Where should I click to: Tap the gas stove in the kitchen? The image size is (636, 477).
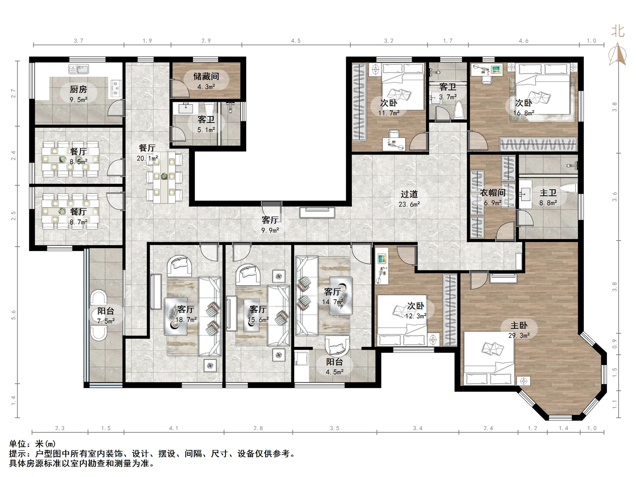pos(116,89)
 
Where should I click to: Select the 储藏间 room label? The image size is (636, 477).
pos(206,76)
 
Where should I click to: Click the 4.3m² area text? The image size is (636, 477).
pos(206,87)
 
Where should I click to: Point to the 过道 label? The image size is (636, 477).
pos(409,194)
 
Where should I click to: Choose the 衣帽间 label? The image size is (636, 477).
pos(493,193)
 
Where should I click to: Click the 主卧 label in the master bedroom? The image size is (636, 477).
pos(519,325)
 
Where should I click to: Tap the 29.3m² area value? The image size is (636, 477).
pos(519,335)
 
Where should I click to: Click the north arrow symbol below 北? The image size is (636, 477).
pos(618,54)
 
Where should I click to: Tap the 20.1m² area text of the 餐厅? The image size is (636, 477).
pos(147,158)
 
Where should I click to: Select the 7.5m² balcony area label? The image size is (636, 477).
pos(106,321)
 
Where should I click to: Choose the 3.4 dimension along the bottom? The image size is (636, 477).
pos(418,428)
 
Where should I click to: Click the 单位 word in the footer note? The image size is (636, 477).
pos(18,444)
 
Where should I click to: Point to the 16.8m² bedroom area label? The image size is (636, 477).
pos(524,113)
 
